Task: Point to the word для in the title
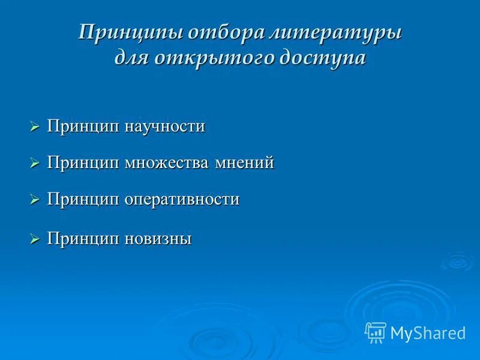tap(133, 58)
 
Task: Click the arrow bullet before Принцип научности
tap(34, 127)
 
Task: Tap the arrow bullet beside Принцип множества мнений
tap(34, 163)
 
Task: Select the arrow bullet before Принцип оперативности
tap(34, 200)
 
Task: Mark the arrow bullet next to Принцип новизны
tap(34, 239)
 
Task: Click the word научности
tap(165, 127)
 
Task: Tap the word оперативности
tap(182, 199)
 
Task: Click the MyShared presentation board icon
tap(376, 332)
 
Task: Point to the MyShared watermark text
tap(428, 333)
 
